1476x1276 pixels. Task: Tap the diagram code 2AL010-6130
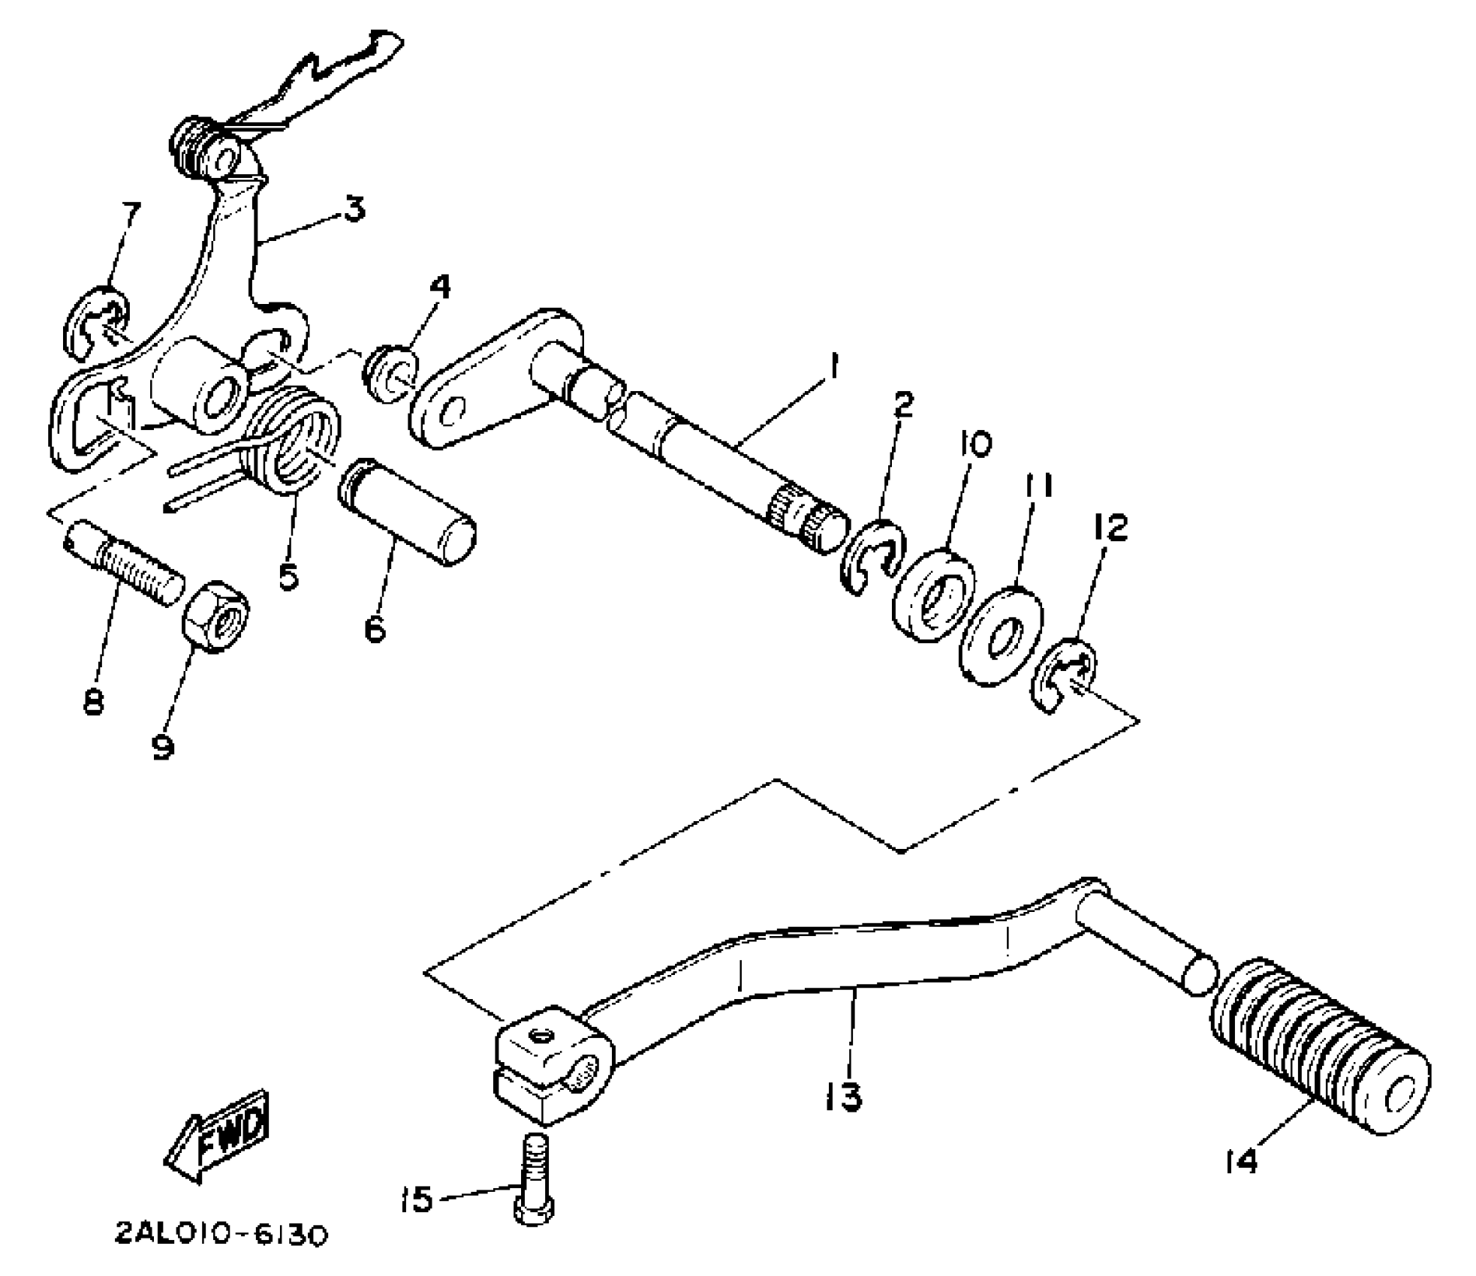[221, 1235]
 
